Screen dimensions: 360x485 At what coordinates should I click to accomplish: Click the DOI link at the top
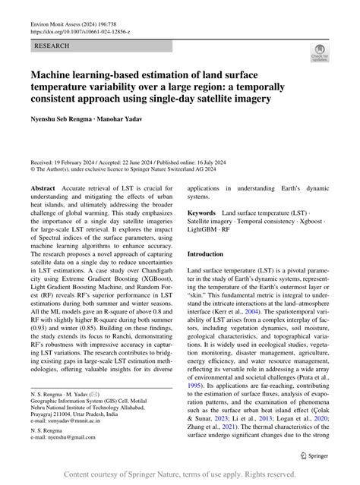pyautogui.click(x=80, y=33)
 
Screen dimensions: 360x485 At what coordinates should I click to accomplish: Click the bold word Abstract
pyautogui.click(x=43, y=187)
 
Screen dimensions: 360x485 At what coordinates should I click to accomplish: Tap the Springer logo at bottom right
pyautogui.click(x=315, y=456)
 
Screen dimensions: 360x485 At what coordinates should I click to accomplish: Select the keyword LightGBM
pyautogui.click(x=204, y=233)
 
